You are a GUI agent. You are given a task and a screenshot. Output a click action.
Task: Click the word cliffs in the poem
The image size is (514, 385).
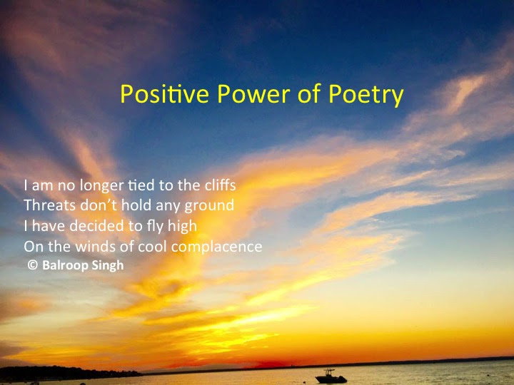click(219, 185)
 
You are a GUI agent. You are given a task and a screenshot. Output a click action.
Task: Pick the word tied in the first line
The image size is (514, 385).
click(141, 185)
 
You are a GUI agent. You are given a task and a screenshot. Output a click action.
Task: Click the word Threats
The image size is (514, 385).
click(47, 206)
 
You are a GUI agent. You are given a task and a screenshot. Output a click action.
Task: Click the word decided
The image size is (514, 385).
click(94, 227)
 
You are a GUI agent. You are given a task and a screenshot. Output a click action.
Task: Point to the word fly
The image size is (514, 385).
click(152, 227)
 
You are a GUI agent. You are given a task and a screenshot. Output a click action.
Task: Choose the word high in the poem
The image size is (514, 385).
click(182, 227)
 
